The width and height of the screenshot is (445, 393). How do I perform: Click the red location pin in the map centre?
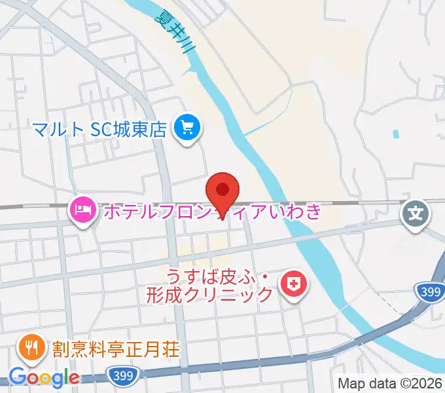[222, 191]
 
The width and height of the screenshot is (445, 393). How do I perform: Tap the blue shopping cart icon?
[188, 126]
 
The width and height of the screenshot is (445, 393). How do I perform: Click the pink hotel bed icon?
[82, 210]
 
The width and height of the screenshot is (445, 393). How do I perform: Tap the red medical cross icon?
[292, 284]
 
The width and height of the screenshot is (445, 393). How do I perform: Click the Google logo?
[44, 378]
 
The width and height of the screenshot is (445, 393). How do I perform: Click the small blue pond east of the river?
[395, 134]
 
